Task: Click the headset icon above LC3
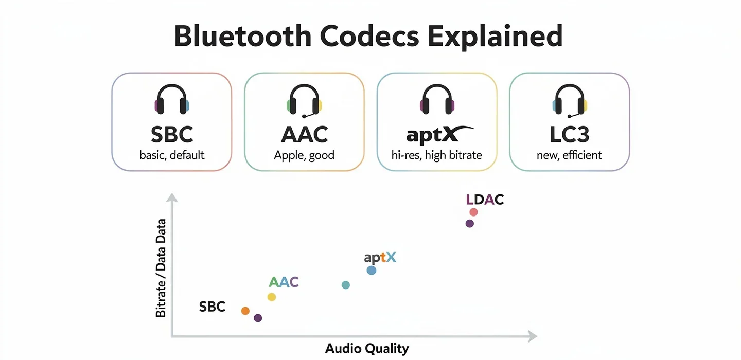click(569, 101)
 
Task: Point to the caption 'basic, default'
click(172, 155)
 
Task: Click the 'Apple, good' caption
click(304, 155)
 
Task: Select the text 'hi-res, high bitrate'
click(436, 155)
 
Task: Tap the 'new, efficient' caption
click(569, 155)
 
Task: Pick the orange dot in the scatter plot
click(245, 311)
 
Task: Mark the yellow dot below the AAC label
click(272, 297)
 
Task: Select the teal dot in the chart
click(346, 285)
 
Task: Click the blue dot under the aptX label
click(372, 270)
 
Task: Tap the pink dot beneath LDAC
click(473, 212)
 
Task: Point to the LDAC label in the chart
click(484, 200)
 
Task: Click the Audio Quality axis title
click(367, 349)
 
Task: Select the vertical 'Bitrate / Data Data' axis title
click(161, 267)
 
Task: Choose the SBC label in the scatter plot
click(212, 307)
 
